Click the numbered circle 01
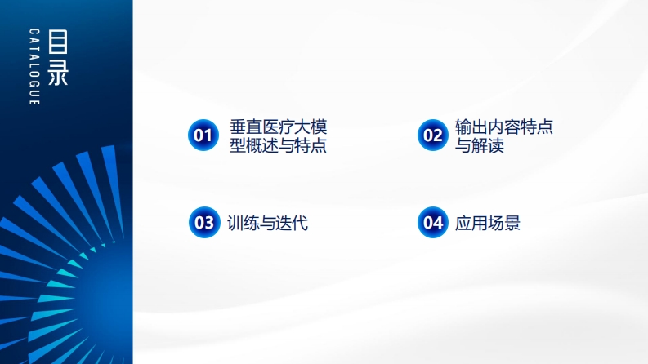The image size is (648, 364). point(203,135)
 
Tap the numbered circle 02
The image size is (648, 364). point(433,135)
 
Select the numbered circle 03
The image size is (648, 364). point(204,223)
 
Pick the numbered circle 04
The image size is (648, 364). point(433,223)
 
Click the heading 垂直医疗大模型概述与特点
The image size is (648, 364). point(278,135)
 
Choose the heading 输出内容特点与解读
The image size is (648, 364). point(503,135)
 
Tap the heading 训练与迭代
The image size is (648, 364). point(267,223)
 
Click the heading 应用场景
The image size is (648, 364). point(487,223)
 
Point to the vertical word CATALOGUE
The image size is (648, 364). point(34,67)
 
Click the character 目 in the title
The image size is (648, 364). point(58,42)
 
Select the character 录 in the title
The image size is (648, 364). point(58,72)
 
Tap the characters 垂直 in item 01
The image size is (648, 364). point(246,127)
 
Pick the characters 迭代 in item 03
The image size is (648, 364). point(292,223)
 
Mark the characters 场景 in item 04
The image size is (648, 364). point(503,223)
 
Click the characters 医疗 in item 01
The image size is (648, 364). point(278,127)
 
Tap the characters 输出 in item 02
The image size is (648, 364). point(471,127)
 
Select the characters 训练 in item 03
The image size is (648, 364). point(244,223)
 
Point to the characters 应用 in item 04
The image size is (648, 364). point(471,223)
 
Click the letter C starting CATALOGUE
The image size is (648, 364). point(34,31)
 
